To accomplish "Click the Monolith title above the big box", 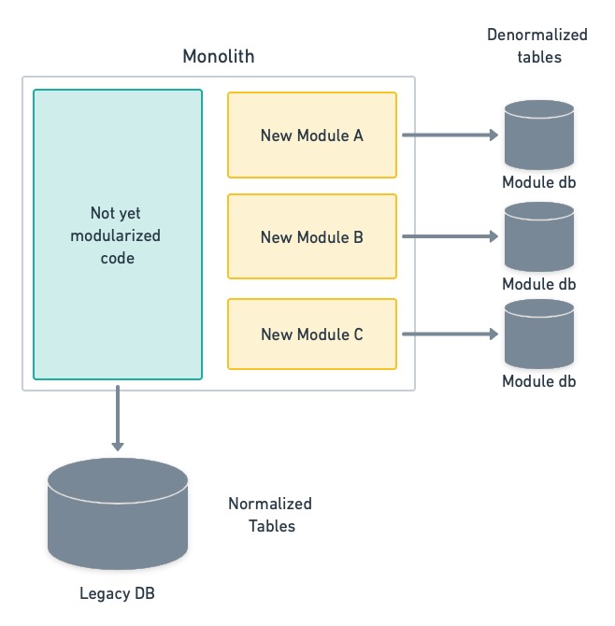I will tap(218, 57).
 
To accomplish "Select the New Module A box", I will tap(311, 135).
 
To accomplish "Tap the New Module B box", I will tap(311, 236).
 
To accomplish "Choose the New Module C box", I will tap(311, 334).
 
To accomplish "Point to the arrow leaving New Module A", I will tap(450, 135).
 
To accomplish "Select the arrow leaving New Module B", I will tap(450, 236).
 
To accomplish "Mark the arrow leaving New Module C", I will tap(450, 334).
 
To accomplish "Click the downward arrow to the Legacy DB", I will tap(118, 417).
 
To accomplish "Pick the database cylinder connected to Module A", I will tap(538, 135).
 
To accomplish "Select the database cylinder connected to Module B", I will tap(538, 236).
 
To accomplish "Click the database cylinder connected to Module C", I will tap(538, 334).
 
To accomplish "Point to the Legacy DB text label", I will tap(118, 593).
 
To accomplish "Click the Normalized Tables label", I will tap(270, 515).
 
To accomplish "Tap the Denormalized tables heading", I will tap(537, 45).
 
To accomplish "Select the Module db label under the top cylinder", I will tap(539, 183).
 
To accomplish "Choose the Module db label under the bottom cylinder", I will tap(539, 381).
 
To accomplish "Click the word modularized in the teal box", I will tap(116, 235).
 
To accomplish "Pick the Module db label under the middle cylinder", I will tap(539, 284).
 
